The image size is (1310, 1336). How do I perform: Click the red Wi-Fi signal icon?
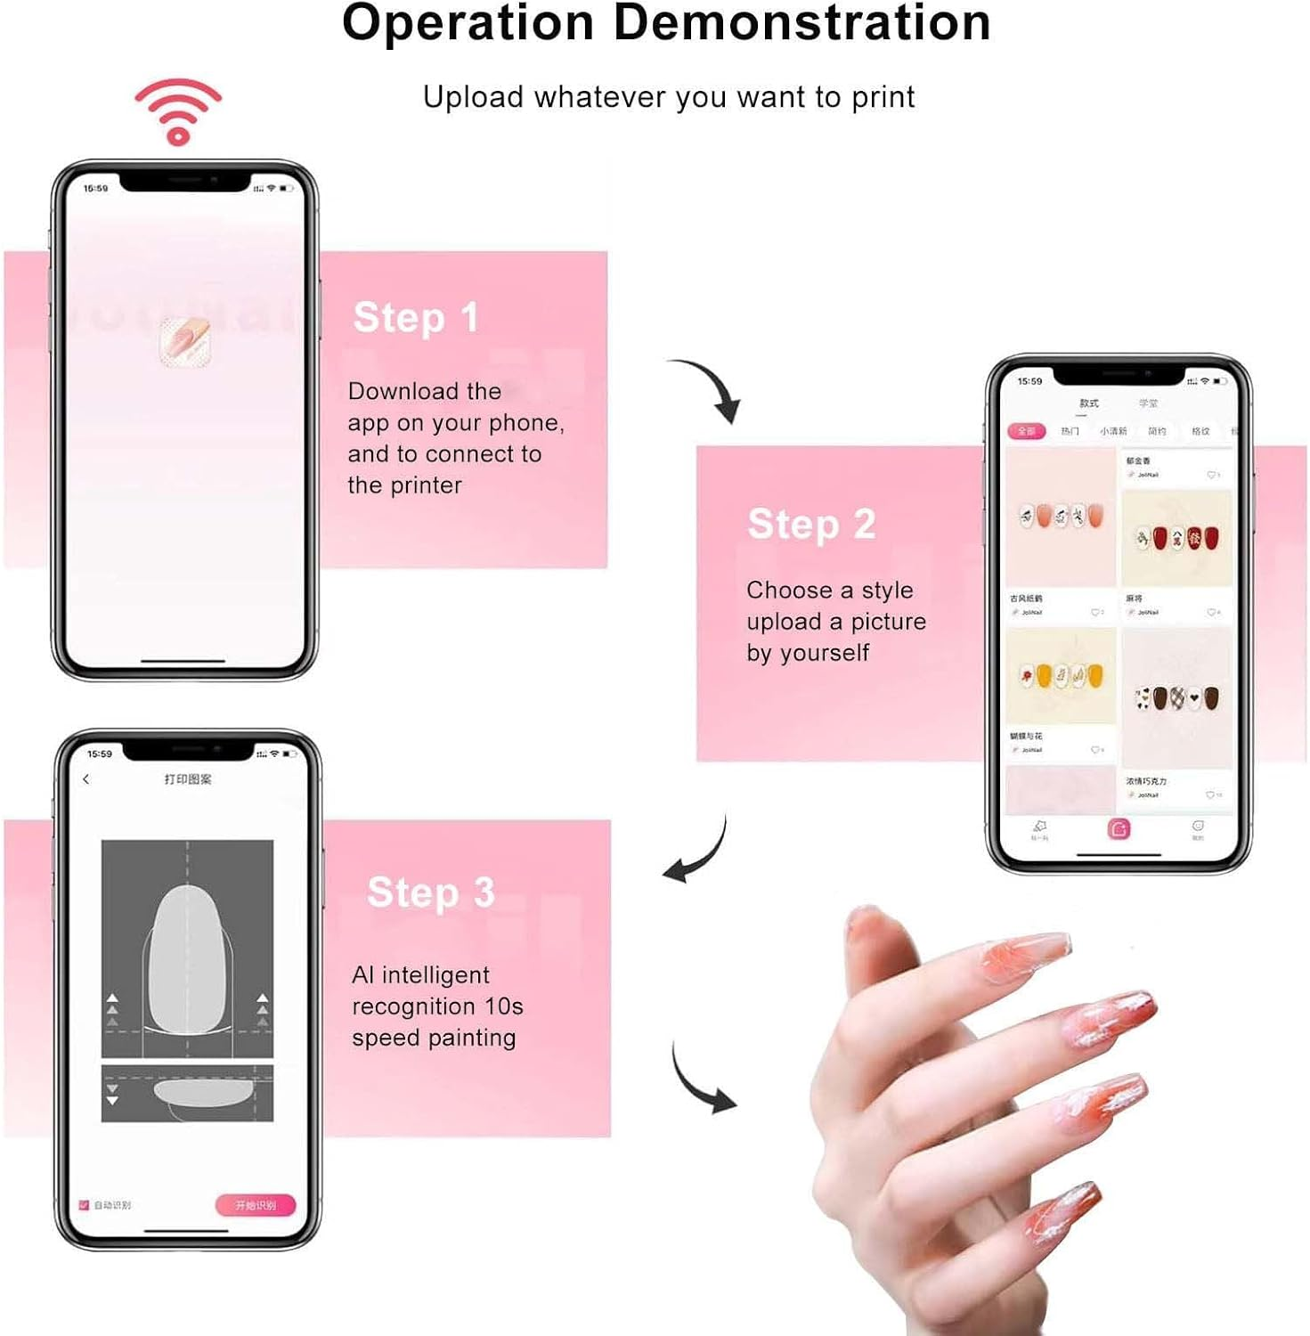[178, 110]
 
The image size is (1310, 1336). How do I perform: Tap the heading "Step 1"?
[415, 318]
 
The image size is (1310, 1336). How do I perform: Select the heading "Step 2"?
[811, 524]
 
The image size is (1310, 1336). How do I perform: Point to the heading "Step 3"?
[430, 892]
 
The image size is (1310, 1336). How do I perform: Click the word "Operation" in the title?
[468, 23]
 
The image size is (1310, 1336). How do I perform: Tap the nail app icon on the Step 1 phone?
[185, 342]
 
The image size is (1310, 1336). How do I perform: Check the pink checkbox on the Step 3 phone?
[85, 1205]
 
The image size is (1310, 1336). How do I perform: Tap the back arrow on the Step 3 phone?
[86, 779]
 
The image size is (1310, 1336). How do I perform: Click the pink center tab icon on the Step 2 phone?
[1119, 829]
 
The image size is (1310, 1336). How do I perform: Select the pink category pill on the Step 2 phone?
[1026, 431]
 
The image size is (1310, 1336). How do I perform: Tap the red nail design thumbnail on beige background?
[1176, 538]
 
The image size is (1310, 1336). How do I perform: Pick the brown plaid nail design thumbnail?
[1176, 698]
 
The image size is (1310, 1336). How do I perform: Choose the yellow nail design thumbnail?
[1061, 676]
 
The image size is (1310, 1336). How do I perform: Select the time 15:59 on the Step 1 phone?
[95, 189]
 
